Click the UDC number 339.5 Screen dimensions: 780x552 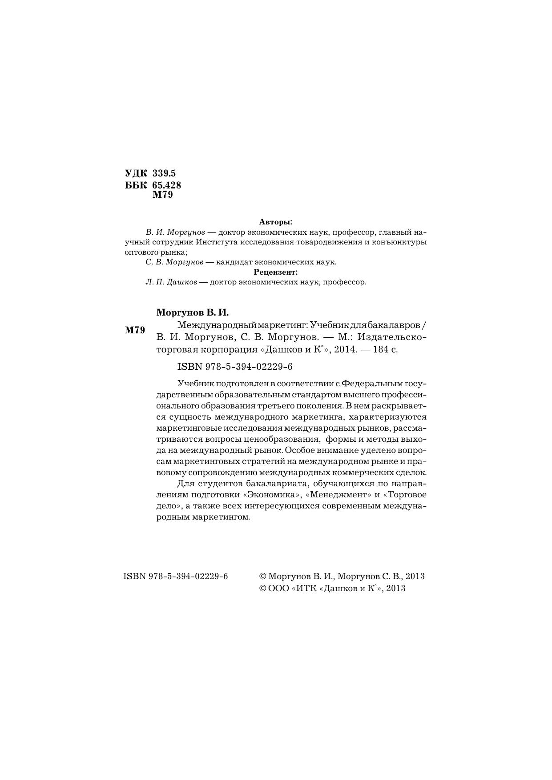tap(164, 173)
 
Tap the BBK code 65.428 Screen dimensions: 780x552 tap(166, 185)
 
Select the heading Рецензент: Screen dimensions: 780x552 tap(275, 272)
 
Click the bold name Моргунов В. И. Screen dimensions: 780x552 tap(192, 312)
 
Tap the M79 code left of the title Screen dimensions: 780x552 tap(135, 330)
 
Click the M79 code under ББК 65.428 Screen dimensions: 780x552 tap(162, 195)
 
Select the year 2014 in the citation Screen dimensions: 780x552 tap(345, 349)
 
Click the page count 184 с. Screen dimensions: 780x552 tap(386, 349)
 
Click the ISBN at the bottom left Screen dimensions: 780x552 tap(175, 576)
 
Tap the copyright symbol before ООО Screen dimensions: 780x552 tap(262, 588)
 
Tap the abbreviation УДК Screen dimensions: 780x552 tap(136, 173)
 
